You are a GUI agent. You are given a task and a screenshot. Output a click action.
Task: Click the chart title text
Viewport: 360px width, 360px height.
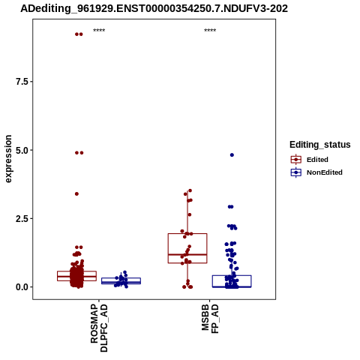tap(154, 8)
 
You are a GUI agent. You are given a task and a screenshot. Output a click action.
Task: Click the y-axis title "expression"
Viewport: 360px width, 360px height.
tap(8, 159)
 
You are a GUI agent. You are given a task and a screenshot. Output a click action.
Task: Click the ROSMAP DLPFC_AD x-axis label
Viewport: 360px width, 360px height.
tap(99, 328)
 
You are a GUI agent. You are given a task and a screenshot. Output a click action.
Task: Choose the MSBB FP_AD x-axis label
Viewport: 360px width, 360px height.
tap(210, 319)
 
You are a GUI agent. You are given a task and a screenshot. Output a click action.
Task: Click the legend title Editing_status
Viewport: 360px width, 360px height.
tap(320, 145)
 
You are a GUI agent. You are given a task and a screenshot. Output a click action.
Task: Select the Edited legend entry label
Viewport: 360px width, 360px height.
tap(317, 160)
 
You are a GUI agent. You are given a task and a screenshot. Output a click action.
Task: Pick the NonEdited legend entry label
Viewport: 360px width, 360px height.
tap(325, 172)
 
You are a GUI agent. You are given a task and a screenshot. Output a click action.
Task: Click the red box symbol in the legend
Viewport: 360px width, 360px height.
tap(296, 160)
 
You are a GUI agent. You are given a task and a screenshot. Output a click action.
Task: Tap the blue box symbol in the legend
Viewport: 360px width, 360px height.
tap(296, 172)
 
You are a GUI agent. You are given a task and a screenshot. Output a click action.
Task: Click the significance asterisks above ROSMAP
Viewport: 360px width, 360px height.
tap(99, 31)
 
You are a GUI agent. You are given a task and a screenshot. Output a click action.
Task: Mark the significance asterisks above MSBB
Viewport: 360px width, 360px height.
tap(210, 31)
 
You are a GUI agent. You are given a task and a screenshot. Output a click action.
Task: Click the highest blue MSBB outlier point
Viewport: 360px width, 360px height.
tap(232, 155)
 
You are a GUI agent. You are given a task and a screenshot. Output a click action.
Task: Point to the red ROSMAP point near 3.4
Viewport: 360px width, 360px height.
tap(76, 193)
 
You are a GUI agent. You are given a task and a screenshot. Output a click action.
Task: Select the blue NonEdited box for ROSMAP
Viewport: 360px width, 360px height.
tap(121, 278)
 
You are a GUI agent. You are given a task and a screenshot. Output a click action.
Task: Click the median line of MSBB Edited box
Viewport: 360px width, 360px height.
tap(187, 254)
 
